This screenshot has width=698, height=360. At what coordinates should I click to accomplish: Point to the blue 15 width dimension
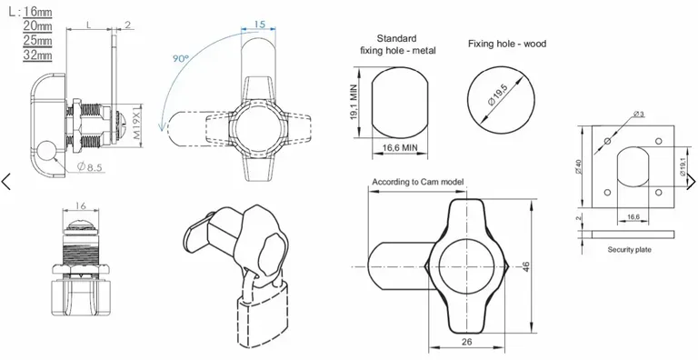[x=259, y=25]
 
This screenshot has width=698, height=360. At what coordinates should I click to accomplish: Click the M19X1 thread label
[x=139, y=122]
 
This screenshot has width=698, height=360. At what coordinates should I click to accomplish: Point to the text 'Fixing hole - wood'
[x=507, y=44]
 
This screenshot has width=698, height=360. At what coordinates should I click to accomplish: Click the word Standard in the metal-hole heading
[x=397, y=38]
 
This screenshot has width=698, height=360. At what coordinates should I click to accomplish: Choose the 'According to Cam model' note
[x=417, y=182]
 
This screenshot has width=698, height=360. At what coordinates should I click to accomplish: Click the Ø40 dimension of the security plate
[x=586, y=168]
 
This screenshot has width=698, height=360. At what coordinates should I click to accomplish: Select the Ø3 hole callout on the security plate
[x=640, y=114]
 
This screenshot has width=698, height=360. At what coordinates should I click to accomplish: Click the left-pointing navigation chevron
[x=7, y=181]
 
